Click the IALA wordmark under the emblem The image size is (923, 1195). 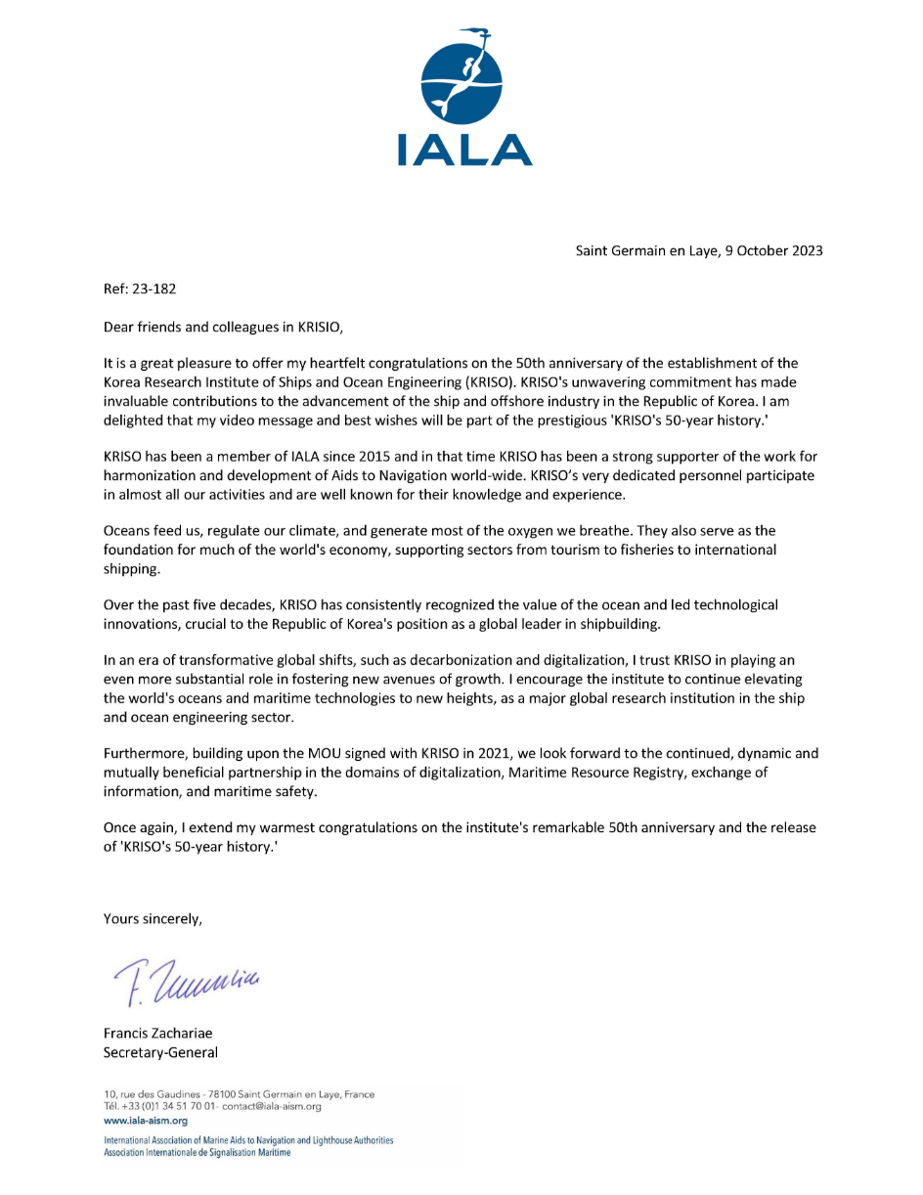[462, 149]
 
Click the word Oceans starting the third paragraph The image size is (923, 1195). [127, 531]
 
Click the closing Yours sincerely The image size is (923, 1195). [153, 919]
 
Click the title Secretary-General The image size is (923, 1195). [160, 1052]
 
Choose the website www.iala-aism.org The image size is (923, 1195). [145, 1121]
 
